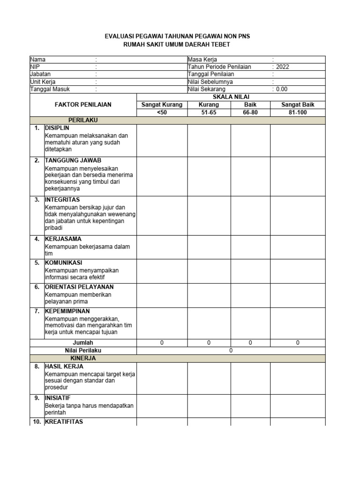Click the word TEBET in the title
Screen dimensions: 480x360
[221, 44]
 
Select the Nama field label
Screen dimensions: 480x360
[38, 60]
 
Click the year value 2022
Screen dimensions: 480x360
[283, 67]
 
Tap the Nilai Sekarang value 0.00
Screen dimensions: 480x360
[282, 89]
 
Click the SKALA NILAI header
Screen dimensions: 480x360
[231, 97]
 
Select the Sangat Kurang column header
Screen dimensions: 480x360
[162, 105]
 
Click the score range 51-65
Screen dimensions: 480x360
[209, 112]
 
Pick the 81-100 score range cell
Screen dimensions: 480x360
[298, 112]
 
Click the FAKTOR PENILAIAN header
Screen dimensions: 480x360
[83, 105]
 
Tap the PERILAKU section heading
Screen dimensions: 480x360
[83, 120]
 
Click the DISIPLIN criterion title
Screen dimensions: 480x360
[57, 127]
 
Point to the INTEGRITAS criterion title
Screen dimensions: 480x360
[62, 199]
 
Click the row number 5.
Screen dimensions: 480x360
[37, 262]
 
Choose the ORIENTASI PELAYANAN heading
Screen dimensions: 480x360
[79, 286]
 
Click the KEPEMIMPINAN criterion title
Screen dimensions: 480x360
[67, 311]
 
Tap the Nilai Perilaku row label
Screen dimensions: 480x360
[83, 350]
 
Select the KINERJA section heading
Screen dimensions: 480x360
[83, 358]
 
